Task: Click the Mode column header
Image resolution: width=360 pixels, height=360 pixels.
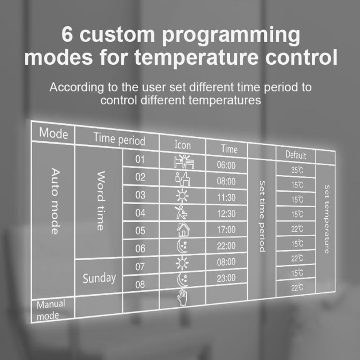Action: pyautogui.click(x=54, y=133)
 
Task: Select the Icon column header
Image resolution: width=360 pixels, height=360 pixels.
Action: pyautogui.click(x=182, y=145)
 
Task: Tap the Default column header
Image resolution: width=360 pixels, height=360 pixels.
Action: pyautogui.click(x=296, y=155)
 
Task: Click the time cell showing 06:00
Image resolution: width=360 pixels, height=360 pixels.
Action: pyautogui.click(x=226, y=165)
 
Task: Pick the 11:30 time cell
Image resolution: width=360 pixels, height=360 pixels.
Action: pyautogui.click(x=226, y=198)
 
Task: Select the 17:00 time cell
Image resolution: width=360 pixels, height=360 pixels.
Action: pyautogui.click(x=226, y=229)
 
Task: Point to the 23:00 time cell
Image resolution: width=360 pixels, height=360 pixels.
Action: pyautogui.click(x=226, y=278)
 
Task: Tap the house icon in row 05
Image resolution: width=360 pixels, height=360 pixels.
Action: pyautogui.click(x=182, y=230)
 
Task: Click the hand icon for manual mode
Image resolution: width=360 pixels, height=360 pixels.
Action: pyautogui.click(x=182, y=298)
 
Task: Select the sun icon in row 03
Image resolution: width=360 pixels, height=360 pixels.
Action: pyautogui.click(x=182, y=196)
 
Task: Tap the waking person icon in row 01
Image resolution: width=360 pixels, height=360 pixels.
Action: pyautogui.click(x=182, y=161)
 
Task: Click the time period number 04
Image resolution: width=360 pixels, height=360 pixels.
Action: pyautogui.click(x=140, y=213)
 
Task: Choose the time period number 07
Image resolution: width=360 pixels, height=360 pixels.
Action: pyautogui.click(x=140, y=266)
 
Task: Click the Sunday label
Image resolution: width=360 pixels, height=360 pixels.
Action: pyautogui.click(x=99, y=278)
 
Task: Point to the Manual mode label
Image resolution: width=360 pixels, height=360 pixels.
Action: pyautogui.click(x=51, y=310)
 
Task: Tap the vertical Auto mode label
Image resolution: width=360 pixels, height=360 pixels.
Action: pyautogui.click(x=54, y=201)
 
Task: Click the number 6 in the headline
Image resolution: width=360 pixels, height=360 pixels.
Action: pyautogui.click(x=67, y=36)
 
